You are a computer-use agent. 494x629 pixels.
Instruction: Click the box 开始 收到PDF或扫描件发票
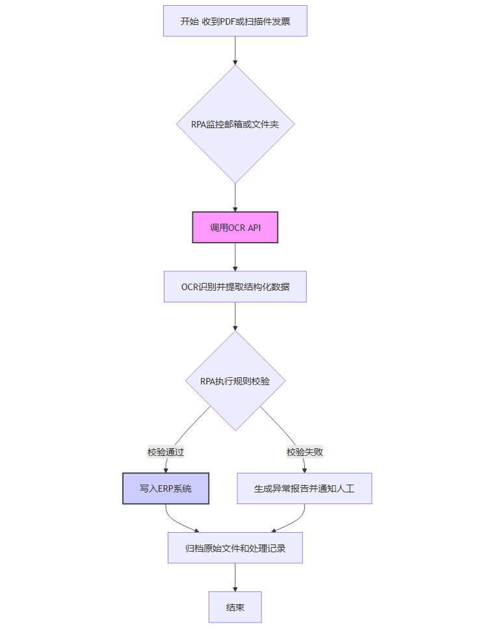(235, 21)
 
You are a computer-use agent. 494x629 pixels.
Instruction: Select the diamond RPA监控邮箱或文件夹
(235, 124)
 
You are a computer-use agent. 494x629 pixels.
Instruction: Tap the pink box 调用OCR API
(235, 228)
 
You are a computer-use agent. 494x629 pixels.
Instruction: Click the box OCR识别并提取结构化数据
(235, 287)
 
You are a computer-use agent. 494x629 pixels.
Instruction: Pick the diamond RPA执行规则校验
(235, 381)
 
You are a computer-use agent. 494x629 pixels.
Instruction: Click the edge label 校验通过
(166, 452)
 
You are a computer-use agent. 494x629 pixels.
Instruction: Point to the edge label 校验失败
(305, 452)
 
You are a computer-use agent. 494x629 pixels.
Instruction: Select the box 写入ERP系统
(166, 488)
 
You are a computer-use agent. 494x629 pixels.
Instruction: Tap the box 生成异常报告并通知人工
(304, 488)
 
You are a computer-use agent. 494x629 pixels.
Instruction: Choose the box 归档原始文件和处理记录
(235, 548)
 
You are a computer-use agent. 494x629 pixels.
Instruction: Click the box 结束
(235, 608)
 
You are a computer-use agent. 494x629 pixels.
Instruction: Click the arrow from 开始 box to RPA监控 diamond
(235, 51)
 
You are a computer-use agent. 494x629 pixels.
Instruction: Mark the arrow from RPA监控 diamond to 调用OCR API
(235, 197)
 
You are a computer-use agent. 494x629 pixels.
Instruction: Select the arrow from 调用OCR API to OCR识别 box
(235, 257)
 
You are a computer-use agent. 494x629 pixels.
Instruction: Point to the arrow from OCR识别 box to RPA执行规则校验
(235, 317)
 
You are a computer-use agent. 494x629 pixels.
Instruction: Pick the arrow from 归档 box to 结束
(235, 577)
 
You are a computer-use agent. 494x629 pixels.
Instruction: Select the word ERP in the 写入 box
(166, 488)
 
